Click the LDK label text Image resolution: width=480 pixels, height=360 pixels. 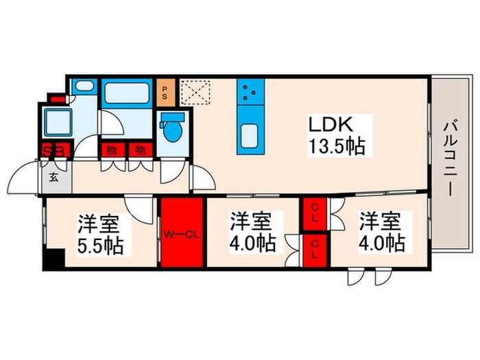pyautogui.click(x=333, y=125)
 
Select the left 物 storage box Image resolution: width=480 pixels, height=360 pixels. pyautogui.click(x=110, y=150)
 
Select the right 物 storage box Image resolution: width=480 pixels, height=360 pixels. pyautogui.click(x=139, y=150)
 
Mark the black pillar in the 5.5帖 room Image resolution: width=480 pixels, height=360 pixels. pyautogui.click(x=52, y=261)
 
